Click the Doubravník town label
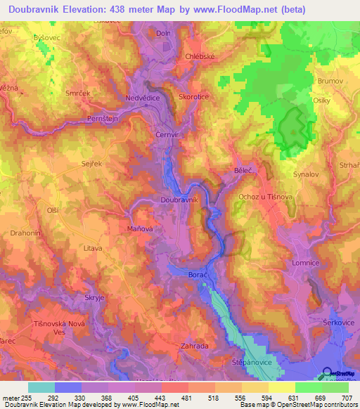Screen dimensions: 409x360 tap(180, 200)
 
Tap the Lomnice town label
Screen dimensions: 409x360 tap(305, 263)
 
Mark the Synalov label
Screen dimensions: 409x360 tap(305, 173)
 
